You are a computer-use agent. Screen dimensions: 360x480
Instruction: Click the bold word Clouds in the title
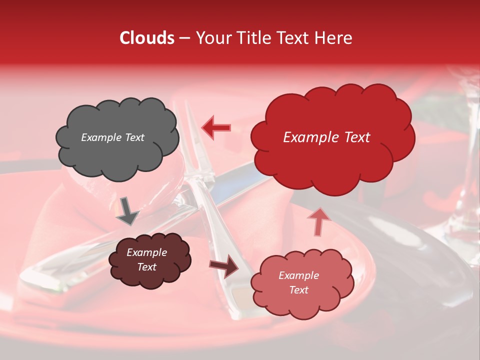(147, 38)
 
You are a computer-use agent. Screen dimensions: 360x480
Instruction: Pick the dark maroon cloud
(149, 259)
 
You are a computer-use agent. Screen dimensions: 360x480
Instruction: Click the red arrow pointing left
(216, 127)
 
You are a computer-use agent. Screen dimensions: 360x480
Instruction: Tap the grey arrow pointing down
(127, 210)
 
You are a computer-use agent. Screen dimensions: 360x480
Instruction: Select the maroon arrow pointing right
(224, 265)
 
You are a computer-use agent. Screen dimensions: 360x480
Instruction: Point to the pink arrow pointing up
(318, 221)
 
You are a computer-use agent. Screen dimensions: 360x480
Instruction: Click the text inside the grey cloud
(112, 137)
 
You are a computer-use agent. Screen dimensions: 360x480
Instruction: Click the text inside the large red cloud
(326, 137)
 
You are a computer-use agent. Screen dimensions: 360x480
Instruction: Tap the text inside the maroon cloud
(147, 259)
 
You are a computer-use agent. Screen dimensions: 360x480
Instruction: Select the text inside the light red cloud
(298, 282)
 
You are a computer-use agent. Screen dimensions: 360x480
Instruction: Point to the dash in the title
(184, 38)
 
